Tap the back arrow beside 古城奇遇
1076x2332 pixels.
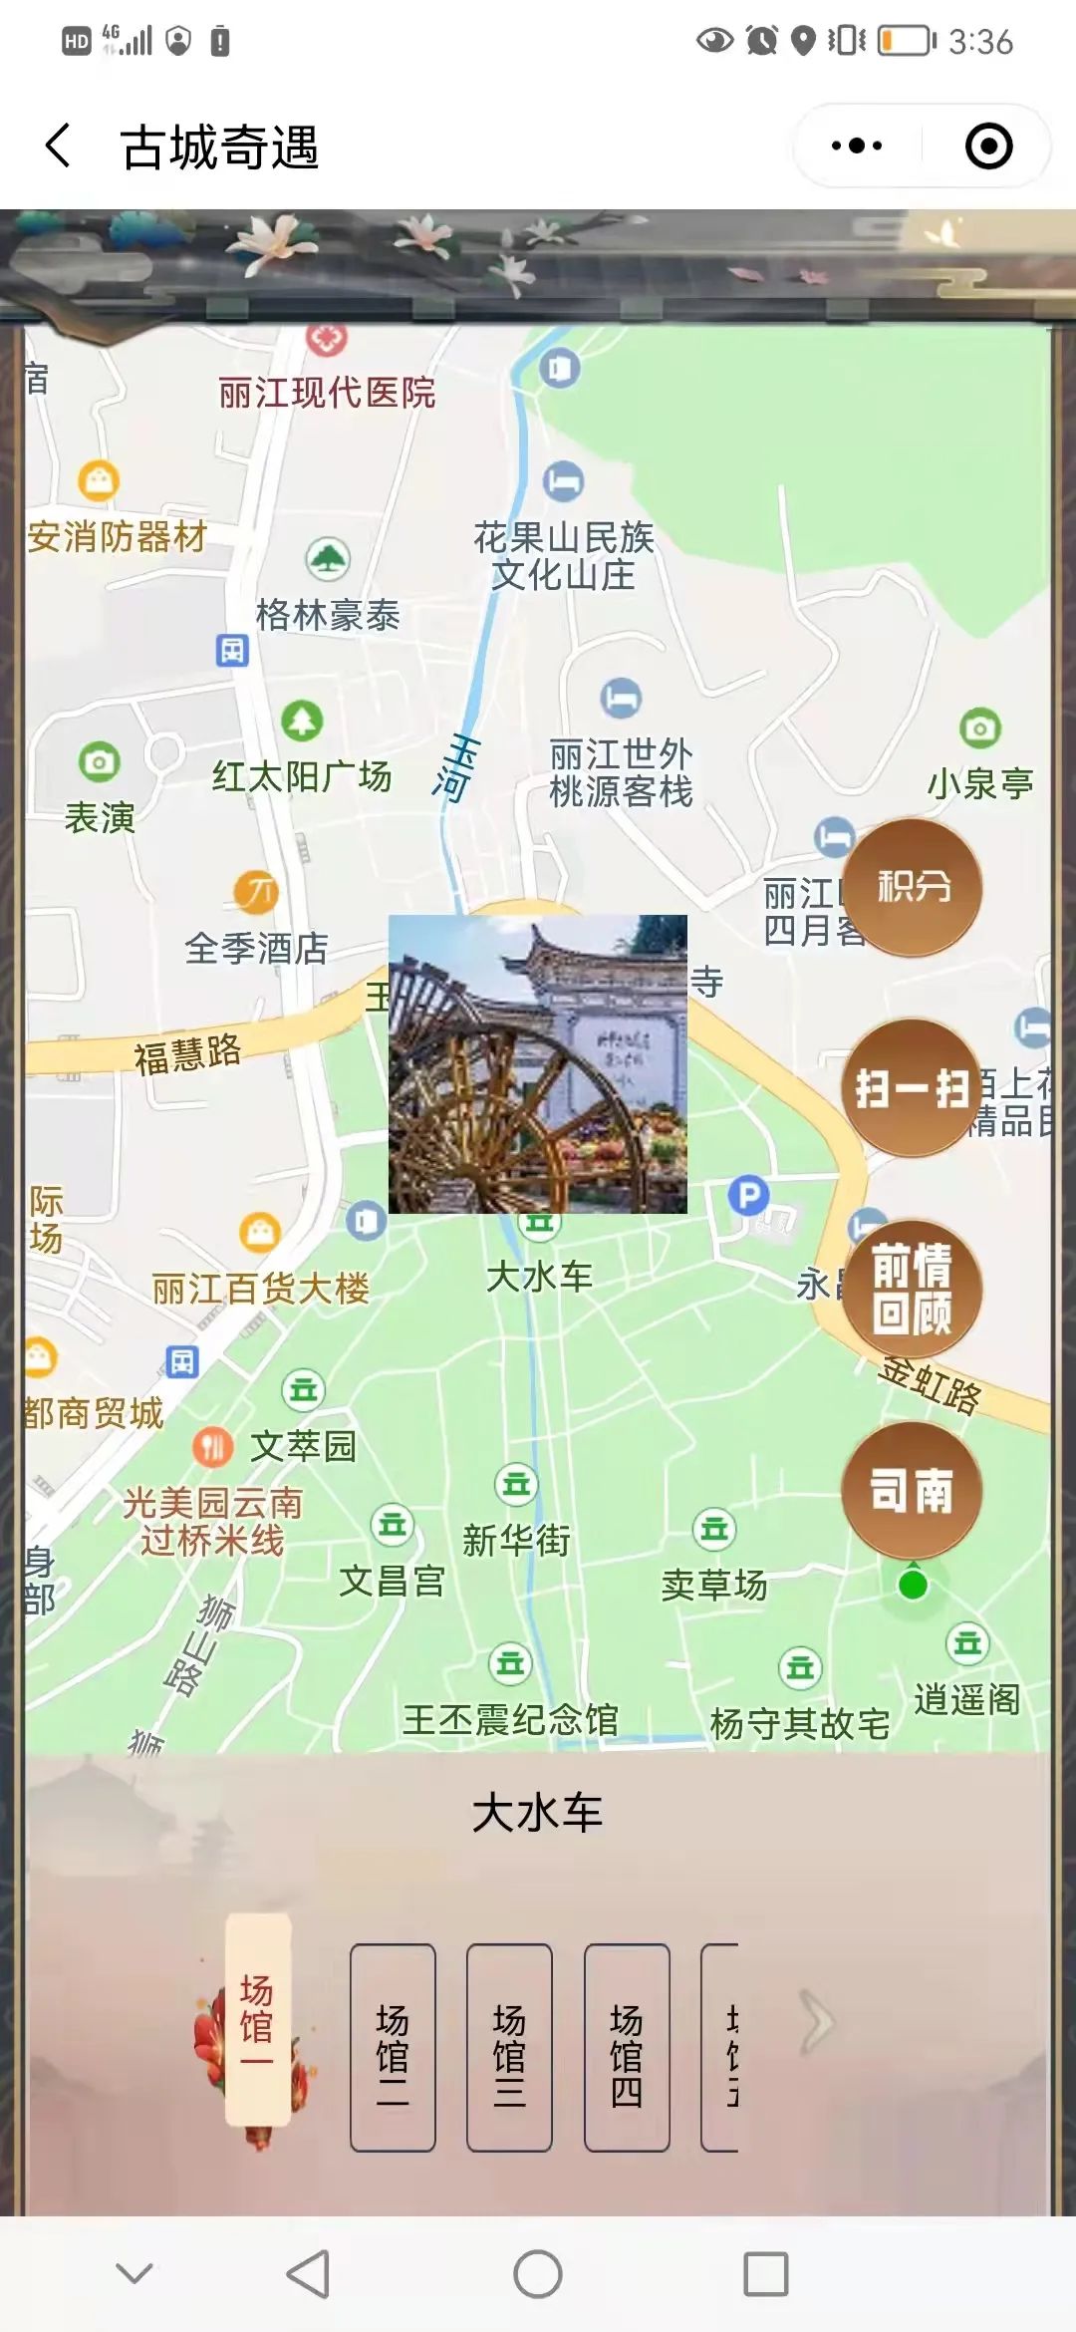[x=59, y=146]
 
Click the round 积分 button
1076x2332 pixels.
[x=913, y=887]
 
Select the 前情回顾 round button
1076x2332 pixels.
[x=913, y=1289]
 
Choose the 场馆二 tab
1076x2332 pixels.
[x=393, y=2047]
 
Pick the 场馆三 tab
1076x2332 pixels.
[x=509, y=2047]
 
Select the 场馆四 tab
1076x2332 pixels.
[x=627, y=2047]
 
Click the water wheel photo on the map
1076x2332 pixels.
[x=538, y=1063]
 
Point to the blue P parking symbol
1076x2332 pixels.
[x=748, y=1194]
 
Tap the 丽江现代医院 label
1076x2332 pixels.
[x=327, y=393]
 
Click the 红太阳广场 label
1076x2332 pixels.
[x=302, y=776]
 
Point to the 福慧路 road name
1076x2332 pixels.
[x=187, y=1053]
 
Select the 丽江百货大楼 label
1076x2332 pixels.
[x=260, y=1289]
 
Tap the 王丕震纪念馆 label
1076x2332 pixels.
[x=510, y=1719]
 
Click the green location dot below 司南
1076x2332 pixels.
[x=913, y=1585]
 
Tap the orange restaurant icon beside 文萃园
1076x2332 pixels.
[x=212, y=1446]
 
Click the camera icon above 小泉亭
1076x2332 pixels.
[x=980, y=729]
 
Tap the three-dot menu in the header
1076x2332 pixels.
[x=857, y=146]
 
